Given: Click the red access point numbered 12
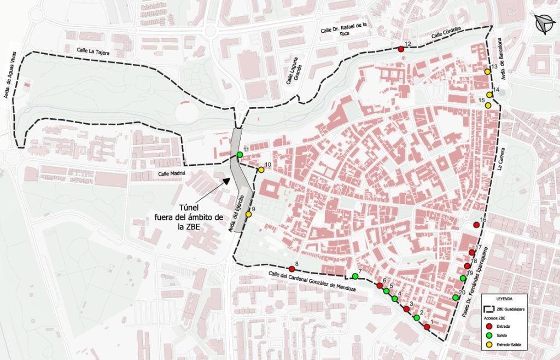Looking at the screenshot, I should point(401,49).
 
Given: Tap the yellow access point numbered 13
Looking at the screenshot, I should point(487,72).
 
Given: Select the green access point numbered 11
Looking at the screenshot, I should point(240,155).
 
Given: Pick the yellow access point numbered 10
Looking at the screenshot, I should point(261,170).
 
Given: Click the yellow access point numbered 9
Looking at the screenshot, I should point(249,214).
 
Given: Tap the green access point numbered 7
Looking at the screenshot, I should point(355,276).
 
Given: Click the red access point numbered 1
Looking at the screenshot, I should point(427,327).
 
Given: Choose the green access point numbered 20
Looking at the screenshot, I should point(456,298).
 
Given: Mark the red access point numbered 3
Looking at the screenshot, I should point(406,309).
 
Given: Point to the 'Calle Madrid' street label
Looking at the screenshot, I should point(172,173).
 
